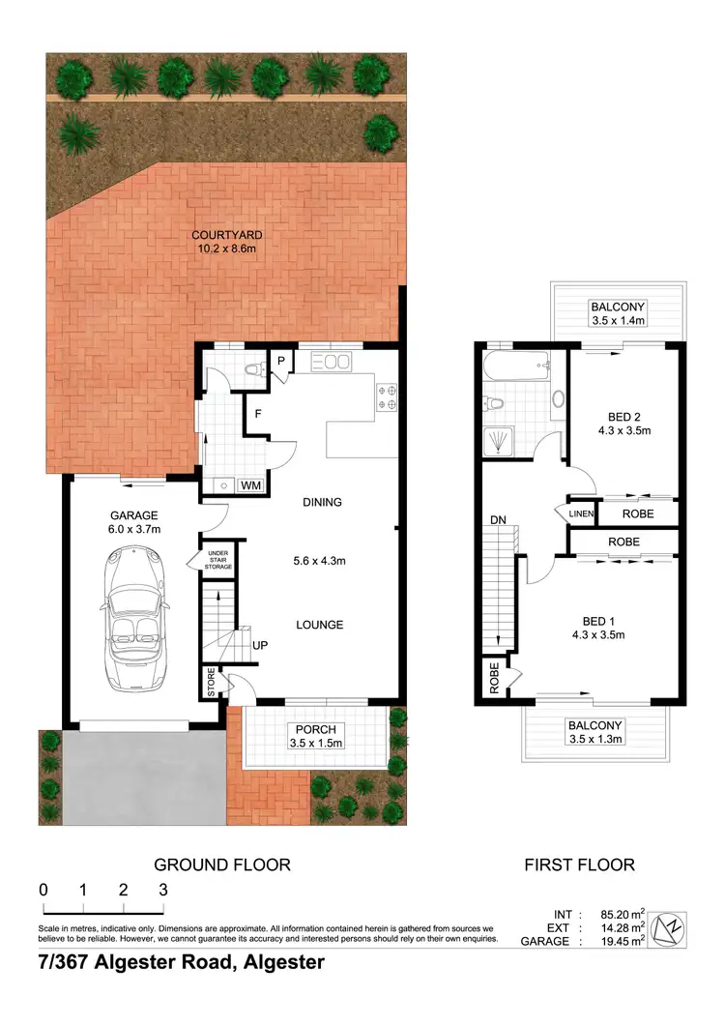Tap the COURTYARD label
(x=227, y=235)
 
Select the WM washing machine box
(x=250, y=485)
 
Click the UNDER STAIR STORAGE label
(x=218, y=560)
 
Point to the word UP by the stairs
(x=260, y=645)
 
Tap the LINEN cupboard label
(x=580, y=513)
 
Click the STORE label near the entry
(x=211, y=682)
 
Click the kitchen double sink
(x=330, y=362)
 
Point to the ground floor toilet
(x=254, y=368)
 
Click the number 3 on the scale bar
(x=163, y=890)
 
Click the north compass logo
(x=668, y=929)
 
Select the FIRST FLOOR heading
(x=579, y=865)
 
